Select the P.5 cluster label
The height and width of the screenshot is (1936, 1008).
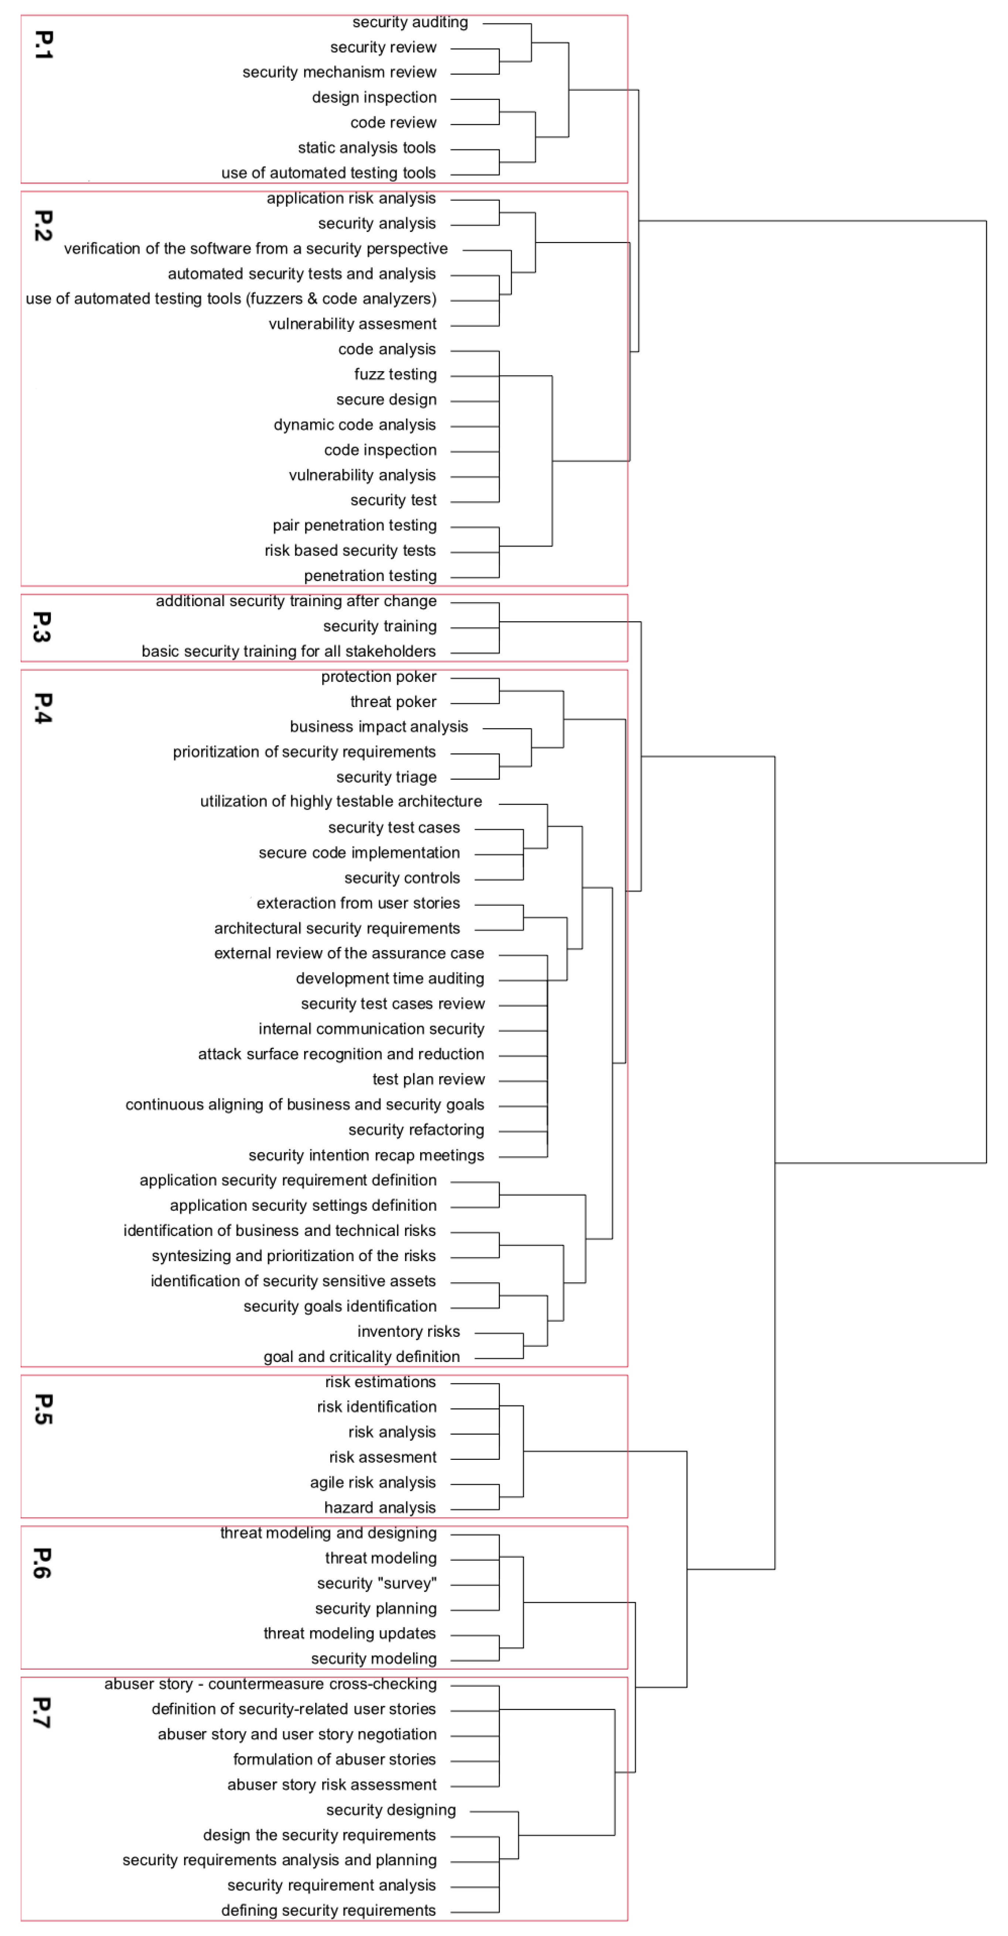click(43, 1409)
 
